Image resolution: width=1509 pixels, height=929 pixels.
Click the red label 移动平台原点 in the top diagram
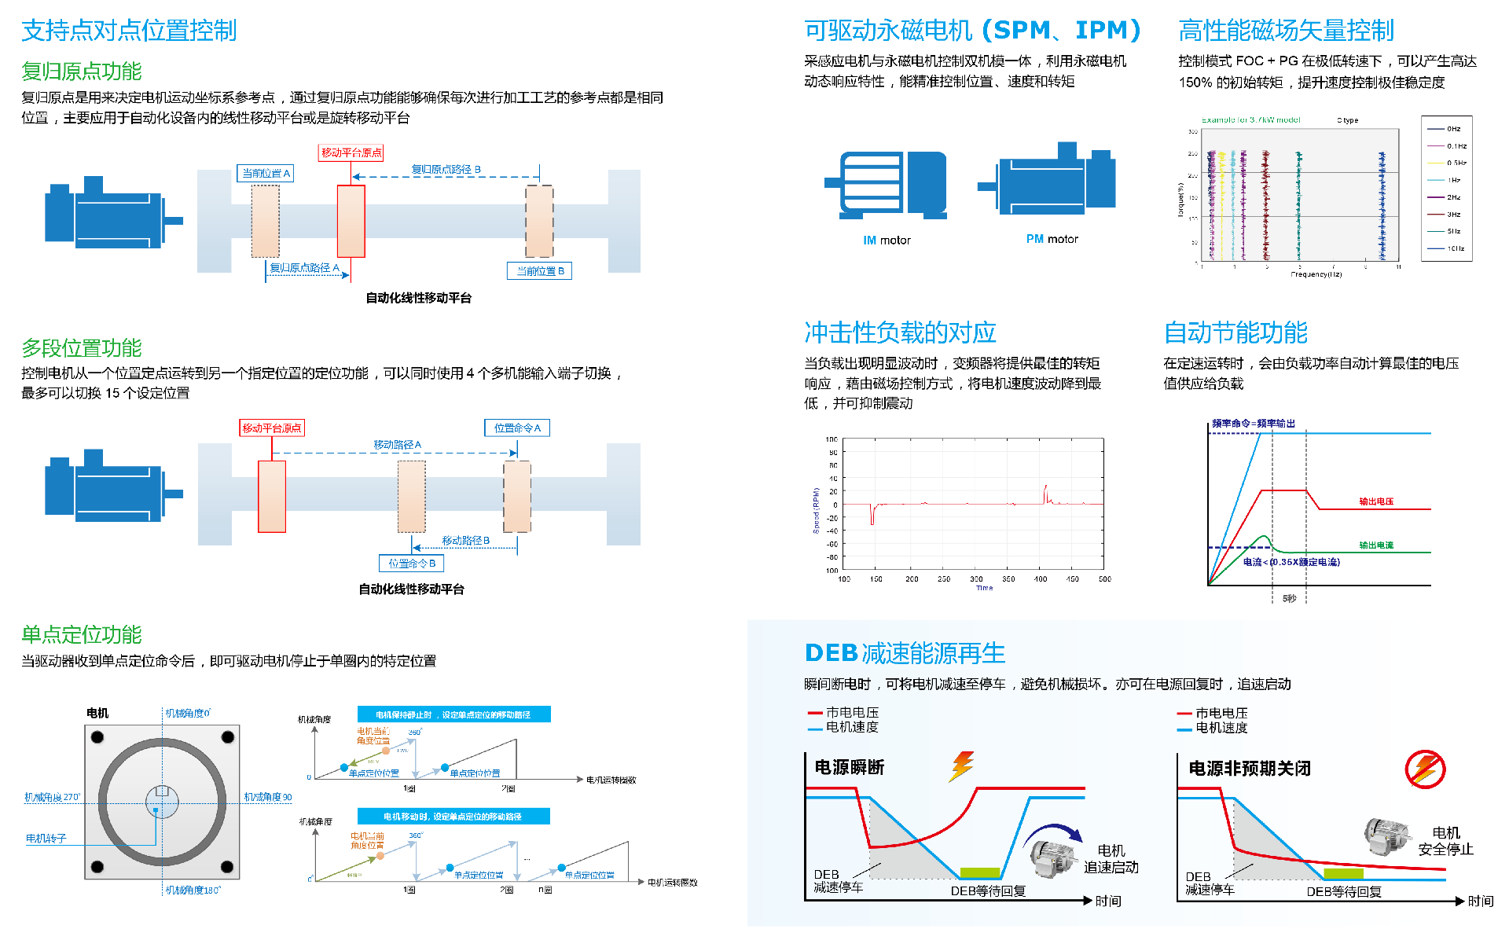tap(351, 152)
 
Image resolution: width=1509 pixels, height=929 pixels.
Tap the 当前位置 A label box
tap(266, 173)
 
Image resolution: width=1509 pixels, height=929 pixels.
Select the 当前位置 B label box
tap(539, 271)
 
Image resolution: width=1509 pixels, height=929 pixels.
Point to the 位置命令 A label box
tap(517, 428)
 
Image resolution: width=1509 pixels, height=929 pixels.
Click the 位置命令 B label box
tap(412, 564)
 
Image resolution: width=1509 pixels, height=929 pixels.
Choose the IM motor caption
tap(887, 241)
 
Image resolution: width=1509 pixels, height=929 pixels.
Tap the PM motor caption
tap(1052, 239)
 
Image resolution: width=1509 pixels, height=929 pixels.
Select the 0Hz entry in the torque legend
tap(1453, 129)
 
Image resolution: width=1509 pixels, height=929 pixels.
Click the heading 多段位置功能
tap(82, 348)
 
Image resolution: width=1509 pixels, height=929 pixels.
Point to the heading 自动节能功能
tap(1235, 333)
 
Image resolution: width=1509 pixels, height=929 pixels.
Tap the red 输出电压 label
tap(1376, 501)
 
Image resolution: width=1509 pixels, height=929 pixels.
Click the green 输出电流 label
tap(1376, 545)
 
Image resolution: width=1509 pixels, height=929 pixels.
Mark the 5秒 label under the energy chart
tap(1289, 599)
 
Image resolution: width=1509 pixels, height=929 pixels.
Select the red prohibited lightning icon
tap(1425, 769)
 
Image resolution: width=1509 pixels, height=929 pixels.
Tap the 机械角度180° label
tap(193, 890)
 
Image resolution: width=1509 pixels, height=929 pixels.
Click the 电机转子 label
tap(46, 839)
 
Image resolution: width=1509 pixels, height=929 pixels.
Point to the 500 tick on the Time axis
tap(1104, 579)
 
